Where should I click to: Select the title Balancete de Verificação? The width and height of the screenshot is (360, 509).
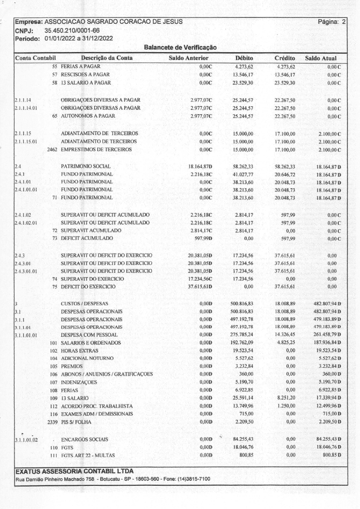(x=180, y=47)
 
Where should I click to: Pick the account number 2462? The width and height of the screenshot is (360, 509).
(x=53, y=150)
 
